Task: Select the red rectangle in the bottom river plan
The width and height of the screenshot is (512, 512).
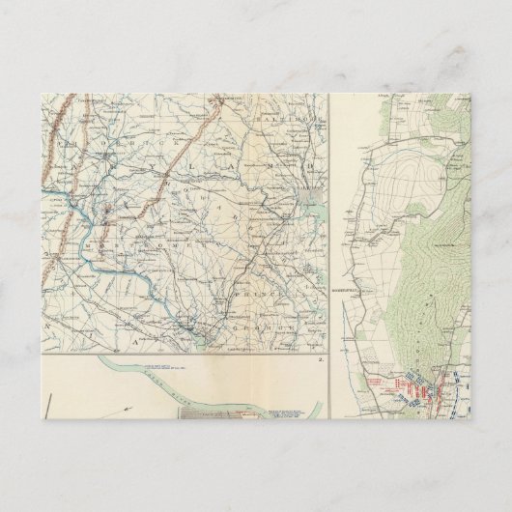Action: click(x=253, y=414)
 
